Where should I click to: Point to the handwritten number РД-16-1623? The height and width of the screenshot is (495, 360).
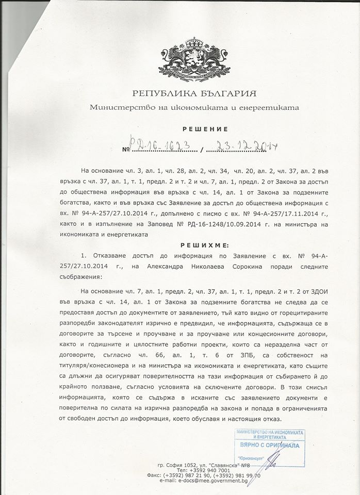(x=161, y=148)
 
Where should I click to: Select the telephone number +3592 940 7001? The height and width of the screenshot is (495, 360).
(x=206, y=470)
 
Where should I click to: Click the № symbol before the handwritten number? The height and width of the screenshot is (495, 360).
(x=125, y=150)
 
